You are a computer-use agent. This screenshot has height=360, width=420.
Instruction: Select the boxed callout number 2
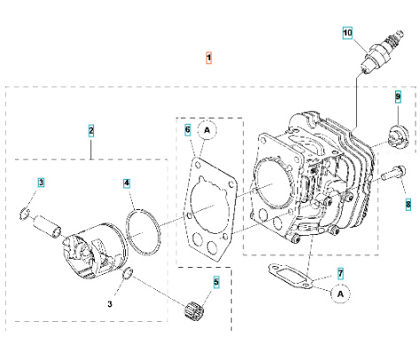90,130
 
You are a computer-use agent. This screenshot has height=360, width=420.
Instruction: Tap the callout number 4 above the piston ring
128,184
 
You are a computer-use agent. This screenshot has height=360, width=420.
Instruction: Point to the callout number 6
188,129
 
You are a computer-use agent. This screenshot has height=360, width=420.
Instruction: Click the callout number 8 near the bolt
408,204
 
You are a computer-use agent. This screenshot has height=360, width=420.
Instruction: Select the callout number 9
398,96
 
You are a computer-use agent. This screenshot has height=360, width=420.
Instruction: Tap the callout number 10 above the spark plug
348,33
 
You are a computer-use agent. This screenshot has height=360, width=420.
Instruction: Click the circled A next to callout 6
206,130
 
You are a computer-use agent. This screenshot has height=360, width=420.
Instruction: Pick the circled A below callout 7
339,291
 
